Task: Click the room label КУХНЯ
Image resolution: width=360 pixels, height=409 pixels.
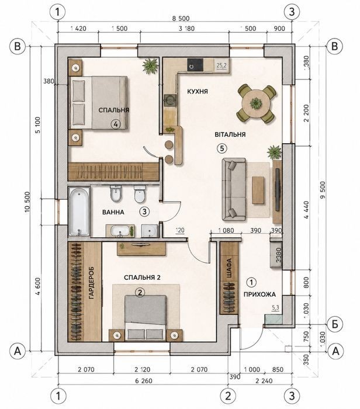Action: (x=198, y=92)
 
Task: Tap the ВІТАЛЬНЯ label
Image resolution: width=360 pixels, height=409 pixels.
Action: (x=230, y=134)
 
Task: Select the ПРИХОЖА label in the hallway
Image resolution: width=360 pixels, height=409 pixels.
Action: (x=259, y=294)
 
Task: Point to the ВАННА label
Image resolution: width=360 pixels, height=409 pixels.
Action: (x=113, y=212)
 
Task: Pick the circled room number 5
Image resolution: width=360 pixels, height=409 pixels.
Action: (x=221, y=148)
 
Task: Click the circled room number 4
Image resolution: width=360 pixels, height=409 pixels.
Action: (x=116, y=124)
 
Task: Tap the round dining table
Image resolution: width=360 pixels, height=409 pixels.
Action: (x=256, y=103)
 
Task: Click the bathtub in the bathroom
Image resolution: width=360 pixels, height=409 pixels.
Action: (x=79, y=212)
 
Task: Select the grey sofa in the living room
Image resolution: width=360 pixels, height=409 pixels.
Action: (x=234, y=190)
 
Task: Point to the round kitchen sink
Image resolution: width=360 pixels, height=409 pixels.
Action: (x=170, y=100)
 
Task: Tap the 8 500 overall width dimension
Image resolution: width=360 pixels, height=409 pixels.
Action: (x=181, y=19)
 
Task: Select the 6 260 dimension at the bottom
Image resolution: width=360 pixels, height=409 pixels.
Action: (x=144, y=381)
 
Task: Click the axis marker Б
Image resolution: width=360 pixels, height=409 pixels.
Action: (x=335, y=324)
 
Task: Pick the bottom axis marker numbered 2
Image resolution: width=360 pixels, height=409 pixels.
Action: (x=229, y=396)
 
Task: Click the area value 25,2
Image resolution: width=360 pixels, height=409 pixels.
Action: (x=221, y=65)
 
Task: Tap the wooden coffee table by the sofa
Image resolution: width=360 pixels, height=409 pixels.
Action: (x=258, y=190)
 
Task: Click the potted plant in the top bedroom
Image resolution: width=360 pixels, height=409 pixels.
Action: (x=151, y=65)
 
